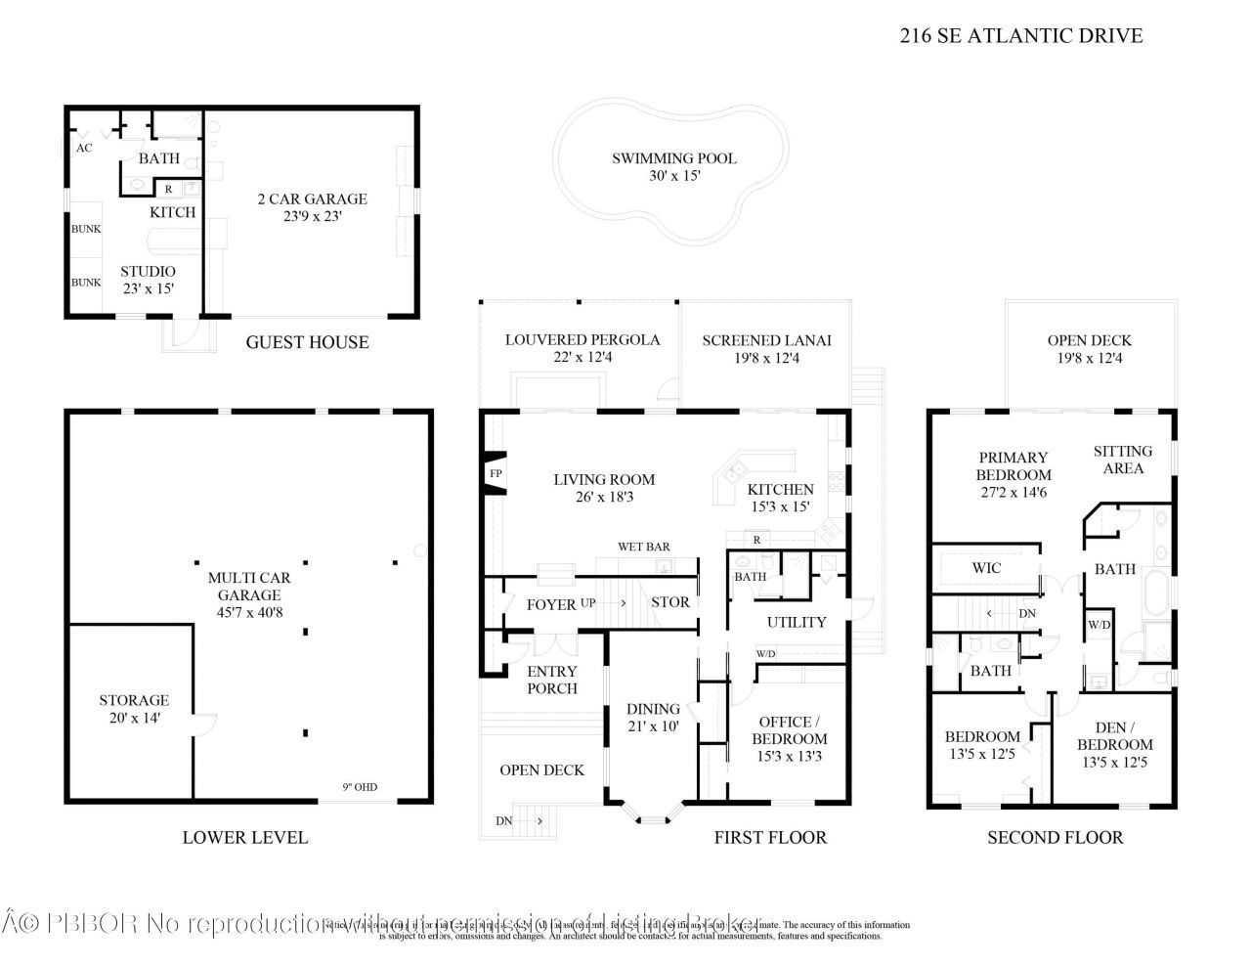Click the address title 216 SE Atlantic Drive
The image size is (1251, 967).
pos(1020,36)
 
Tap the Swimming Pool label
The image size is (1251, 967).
pos(673,158)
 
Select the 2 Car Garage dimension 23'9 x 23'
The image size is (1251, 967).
pos(312,217)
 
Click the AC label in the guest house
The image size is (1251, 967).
pos(84,148)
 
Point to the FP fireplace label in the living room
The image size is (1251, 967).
pos(495,474)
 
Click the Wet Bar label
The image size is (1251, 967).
pos(643,547)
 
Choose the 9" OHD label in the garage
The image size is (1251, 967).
pos(359,787)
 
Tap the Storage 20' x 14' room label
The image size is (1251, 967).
pos(134,700)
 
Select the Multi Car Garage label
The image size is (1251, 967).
pos(249,586)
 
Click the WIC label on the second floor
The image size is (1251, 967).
pos(986,568)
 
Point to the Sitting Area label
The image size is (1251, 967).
pos(1122,460)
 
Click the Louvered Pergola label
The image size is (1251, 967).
pos(582,340)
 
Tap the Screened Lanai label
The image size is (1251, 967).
pos(766,340)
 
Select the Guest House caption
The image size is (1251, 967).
pos(307,342)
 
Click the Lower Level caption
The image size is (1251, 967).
pos(244,837)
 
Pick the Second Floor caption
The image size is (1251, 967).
pos(1055,837)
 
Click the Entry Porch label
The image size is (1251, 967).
pos(552,680)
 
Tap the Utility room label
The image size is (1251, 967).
pos(797,622)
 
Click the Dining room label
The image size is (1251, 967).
pos(653,710)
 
